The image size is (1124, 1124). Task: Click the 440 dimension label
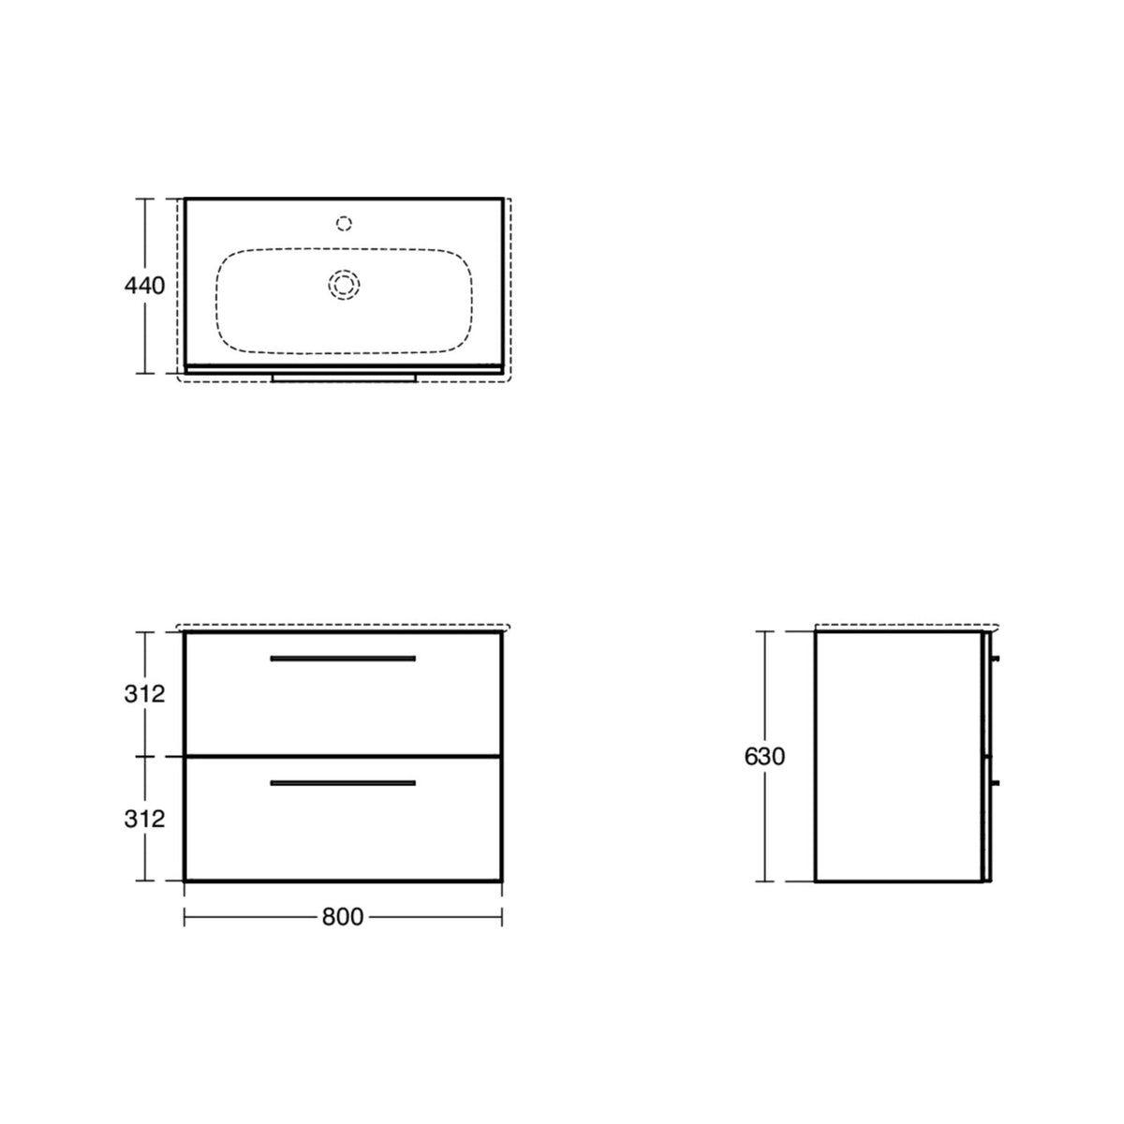point(144,286)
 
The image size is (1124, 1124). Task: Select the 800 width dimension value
point(343,917)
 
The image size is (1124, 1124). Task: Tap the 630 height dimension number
point(764,757)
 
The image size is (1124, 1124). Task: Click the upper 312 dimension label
point(144,694)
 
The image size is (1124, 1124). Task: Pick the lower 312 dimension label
point(144,820)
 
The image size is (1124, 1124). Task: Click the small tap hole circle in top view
point(344,224)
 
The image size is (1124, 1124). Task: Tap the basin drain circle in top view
point(344,286)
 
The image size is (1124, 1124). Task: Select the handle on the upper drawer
point(343,658)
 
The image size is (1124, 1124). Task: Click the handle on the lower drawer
point(343,783)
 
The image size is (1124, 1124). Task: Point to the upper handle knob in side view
point(995,658)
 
